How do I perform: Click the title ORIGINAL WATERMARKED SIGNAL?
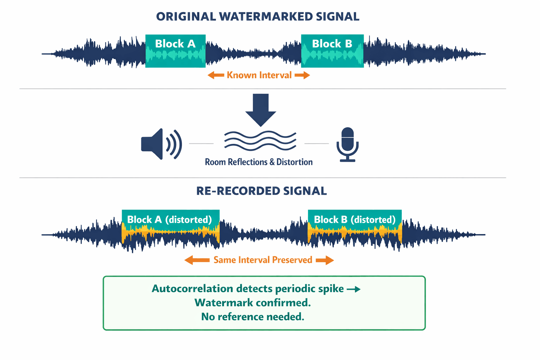(x=258, y=17)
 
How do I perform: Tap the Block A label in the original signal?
(x=175, y=44)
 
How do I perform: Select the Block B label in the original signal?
(x=332, y=44)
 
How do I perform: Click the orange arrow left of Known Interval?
(x=216, y=75)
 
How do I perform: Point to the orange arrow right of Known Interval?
(x=302, y=75)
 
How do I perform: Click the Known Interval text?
(x=259, y=75)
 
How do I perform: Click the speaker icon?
(x=161, y=144)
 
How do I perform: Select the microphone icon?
(x=347, y=144)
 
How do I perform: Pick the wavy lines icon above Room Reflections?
(x=260, y=140)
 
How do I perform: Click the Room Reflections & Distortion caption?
(x=259, y=162)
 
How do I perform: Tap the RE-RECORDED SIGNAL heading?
(x=261, y=191)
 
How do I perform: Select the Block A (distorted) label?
(x=169, y=220)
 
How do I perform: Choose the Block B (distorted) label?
(x=355, y=220)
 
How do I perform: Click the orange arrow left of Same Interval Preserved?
(x=197, y=260)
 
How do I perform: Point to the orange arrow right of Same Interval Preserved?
(x=324, y=260)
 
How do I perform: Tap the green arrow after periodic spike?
(x=354, y=289)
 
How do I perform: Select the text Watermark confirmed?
(x=252, y=303)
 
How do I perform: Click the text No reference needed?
(x=252, y=317)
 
